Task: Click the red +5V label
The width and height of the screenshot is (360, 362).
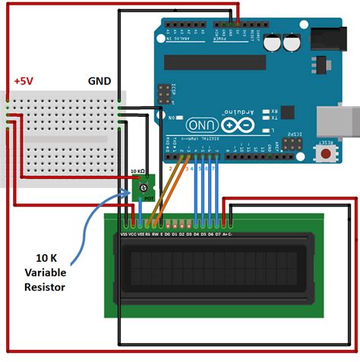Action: pos(24,80)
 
